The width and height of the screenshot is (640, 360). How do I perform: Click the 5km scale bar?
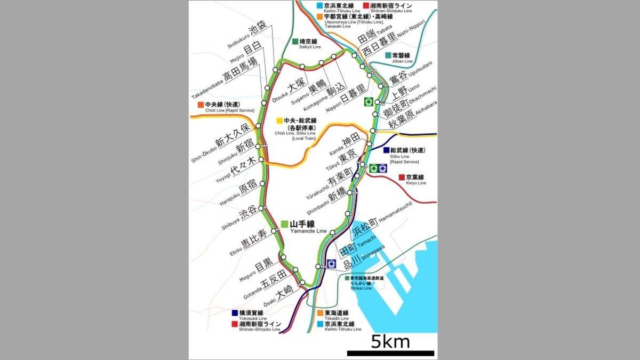point(390,353)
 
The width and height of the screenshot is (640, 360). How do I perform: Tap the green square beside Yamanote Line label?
point(285,225)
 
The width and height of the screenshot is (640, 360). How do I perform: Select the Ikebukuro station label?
point(251,37)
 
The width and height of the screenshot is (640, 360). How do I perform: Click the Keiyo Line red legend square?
point(402,177)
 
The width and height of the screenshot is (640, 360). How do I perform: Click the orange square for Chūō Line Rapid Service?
point(200,105)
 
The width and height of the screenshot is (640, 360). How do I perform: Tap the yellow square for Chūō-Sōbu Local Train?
point(279,121)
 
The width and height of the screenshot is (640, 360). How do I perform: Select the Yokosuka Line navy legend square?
point(234,313)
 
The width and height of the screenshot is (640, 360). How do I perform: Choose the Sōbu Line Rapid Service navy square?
point(386,150)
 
